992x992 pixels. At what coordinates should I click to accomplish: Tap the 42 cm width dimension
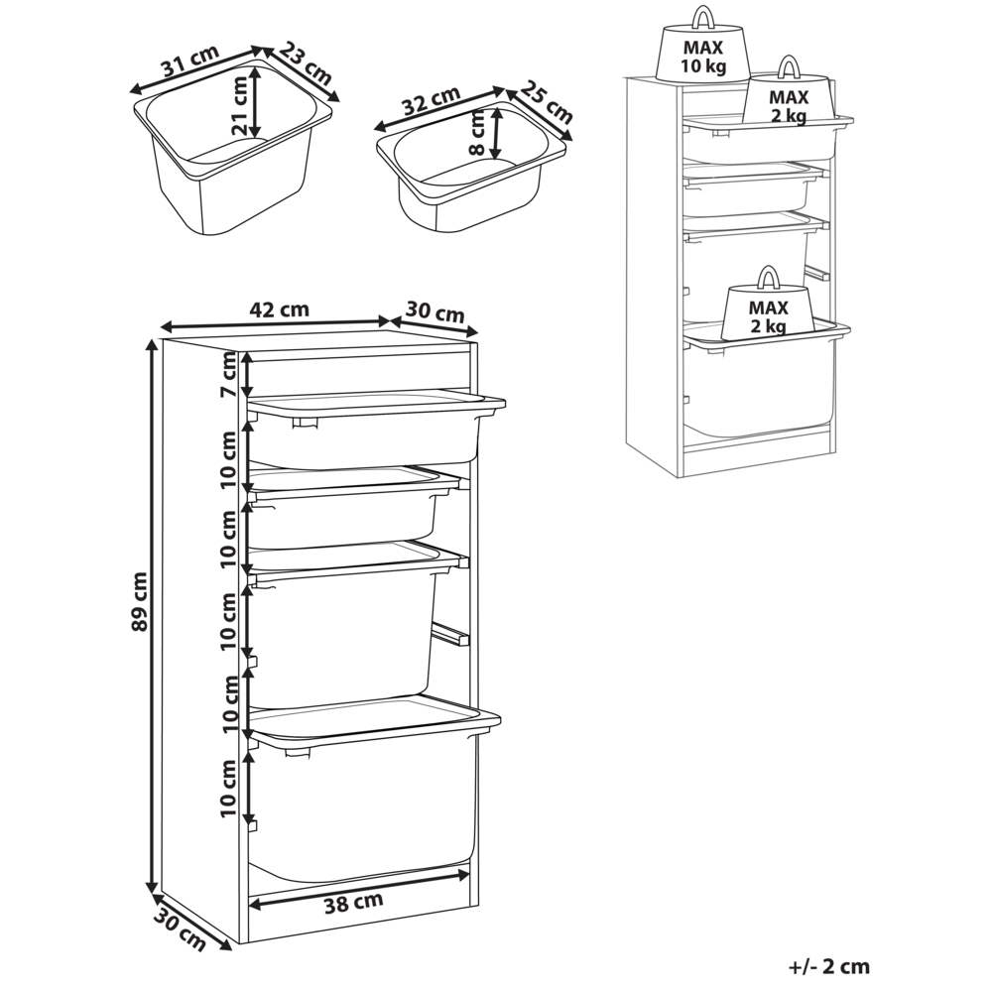(x=279, y=309)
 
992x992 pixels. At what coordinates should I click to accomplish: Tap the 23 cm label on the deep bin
(x=305, y=62)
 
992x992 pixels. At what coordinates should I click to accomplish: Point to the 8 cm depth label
(x=478, y=134)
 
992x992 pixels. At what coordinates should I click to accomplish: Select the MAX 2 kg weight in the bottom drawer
(x=768, y=315)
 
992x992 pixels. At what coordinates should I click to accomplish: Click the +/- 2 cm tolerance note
(x=829, y=965)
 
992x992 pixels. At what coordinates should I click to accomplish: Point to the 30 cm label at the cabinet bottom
(x=180, y=930)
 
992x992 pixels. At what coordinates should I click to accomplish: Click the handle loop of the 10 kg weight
(x=703, y=17)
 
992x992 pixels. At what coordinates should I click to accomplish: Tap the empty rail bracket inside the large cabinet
(x=449, y=634)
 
